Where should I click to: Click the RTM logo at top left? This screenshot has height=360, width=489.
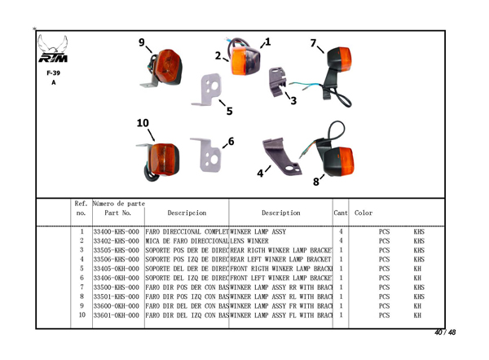(55, 51)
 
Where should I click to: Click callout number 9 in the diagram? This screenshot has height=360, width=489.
(142, 42)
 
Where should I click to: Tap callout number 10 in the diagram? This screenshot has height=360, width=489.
(143, 123)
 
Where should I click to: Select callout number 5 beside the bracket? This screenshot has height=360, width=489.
(229, 111)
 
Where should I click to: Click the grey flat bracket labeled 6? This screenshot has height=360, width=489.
(205, 155)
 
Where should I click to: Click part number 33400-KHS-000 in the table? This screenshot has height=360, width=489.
(117, 232)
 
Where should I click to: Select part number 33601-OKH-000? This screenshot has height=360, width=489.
(117, 315)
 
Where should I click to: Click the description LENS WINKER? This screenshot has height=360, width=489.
(249, 241)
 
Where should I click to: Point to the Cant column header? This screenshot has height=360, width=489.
(341, 213)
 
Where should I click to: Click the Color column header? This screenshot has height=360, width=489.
(363, 213)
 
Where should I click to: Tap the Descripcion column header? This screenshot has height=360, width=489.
(187, 213)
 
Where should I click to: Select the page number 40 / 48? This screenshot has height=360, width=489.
(445, 332)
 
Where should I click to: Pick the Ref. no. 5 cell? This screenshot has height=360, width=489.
(82, 269)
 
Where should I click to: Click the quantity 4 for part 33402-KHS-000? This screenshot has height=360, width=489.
(341, 241)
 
